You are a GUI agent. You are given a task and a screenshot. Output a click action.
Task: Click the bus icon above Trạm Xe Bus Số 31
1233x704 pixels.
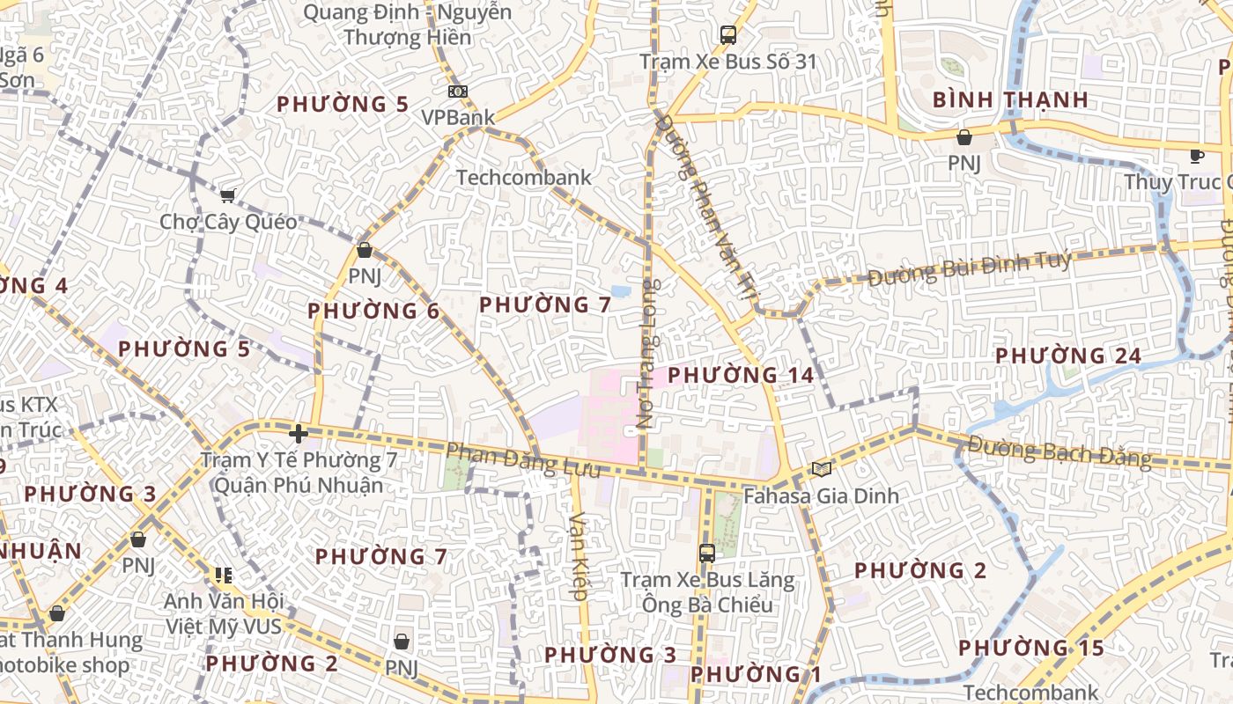[x=727, y=35]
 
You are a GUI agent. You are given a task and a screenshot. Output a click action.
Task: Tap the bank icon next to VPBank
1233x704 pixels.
[x=457, y=91]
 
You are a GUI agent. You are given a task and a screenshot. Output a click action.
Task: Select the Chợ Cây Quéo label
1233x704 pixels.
[x=228, y=222]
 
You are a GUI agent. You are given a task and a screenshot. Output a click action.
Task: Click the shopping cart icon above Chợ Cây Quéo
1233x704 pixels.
[x=227, y=195]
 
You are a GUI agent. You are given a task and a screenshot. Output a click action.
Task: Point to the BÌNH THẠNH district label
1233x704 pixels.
[x=1010, y=99]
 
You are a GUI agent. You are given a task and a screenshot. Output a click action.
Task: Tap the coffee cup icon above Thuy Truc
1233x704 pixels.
[x=1196, y=156]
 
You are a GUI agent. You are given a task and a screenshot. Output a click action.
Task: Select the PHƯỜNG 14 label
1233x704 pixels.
[x=741, y=375]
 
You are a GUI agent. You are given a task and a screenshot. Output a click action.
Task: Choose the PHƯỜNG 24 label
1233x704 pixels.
[x=1067, y=356]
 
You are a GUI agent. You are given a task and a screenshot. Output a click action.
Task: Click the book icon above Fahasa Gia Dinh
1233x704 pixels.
[x=821, y=469]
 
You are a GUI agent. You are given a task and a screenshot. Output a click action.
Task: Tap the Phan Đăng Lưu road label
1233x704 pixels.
[x=523, y=460]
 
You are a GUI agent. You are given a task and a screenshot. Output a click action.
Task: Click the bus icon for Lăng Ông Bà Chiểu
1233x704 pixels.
[x=706, y=554]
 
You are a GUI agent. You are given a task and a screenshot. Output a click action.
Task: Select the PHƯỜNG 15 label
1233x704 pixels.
[x=1030, y=649]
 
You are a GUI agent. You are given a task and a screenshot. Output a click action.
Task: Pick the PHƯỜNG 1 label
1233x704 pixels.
[x=756, y=675]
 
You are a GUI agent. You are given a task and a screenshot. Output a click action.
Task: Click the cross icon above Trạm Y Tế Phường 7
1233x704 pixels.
[x=299, y=433]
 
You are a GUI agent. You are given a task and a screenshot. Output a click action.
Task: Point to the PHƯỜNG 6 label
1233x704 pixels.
[x=373, y=311]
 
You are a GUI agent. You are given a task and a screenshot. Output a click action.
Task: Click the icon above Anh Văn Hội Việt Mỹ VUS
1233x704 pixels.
[x=223, y=576]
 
